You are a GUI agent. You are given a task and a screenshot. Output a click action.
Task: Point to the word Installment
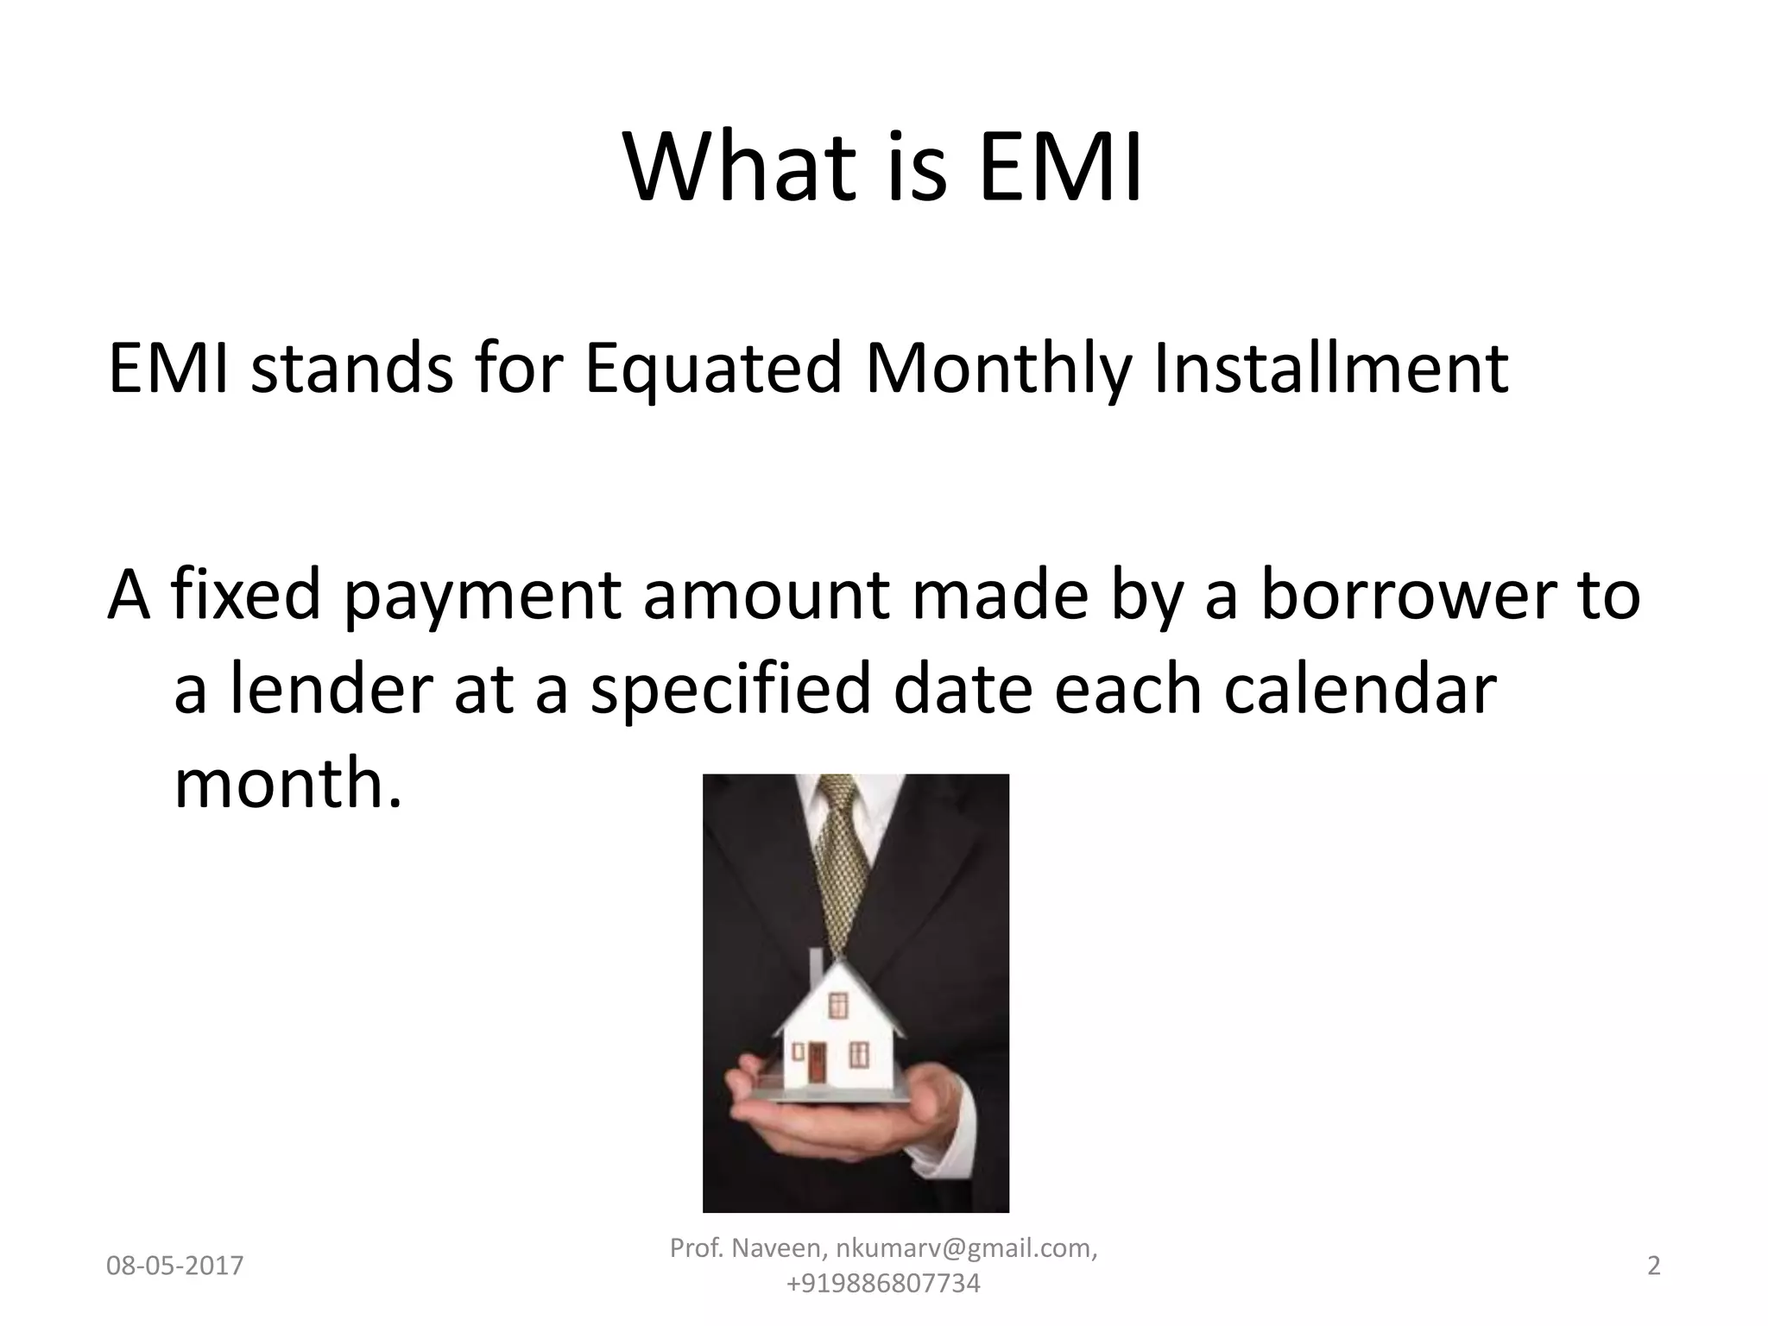coord(1330,368)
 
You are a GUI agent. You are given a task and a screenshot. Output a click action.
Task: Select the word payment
coord(483,597)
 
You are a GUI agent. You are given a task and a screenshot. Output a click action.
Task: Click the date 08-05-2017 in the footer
coord(174,1266)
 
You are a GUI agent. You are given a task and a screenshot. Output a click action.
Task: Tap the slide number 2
coord(1654,1266)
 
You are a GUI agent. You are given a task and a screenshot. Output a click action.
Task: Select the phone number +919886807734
coord(883,1284)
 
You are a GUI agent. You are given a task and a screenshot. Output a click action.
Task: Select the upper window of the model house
coord(837,1005)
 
